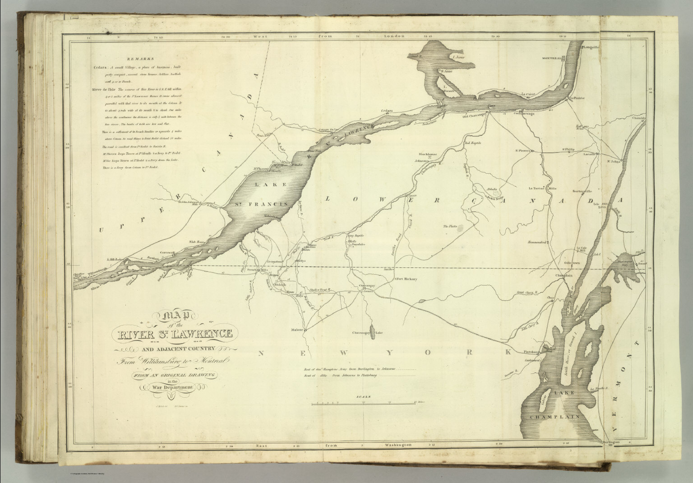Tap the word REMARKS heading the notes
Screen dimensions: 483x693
click(x=140, y=59)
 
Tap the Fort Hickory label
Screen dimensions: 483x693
click(x=407, y=279)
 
